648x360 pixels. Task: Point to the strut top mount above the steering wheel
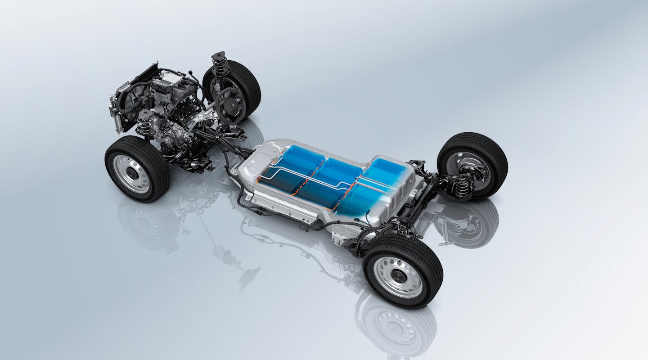[x=219, y=58]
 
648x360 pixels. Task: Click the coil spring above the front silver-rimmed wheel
[x=144, y=124]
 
